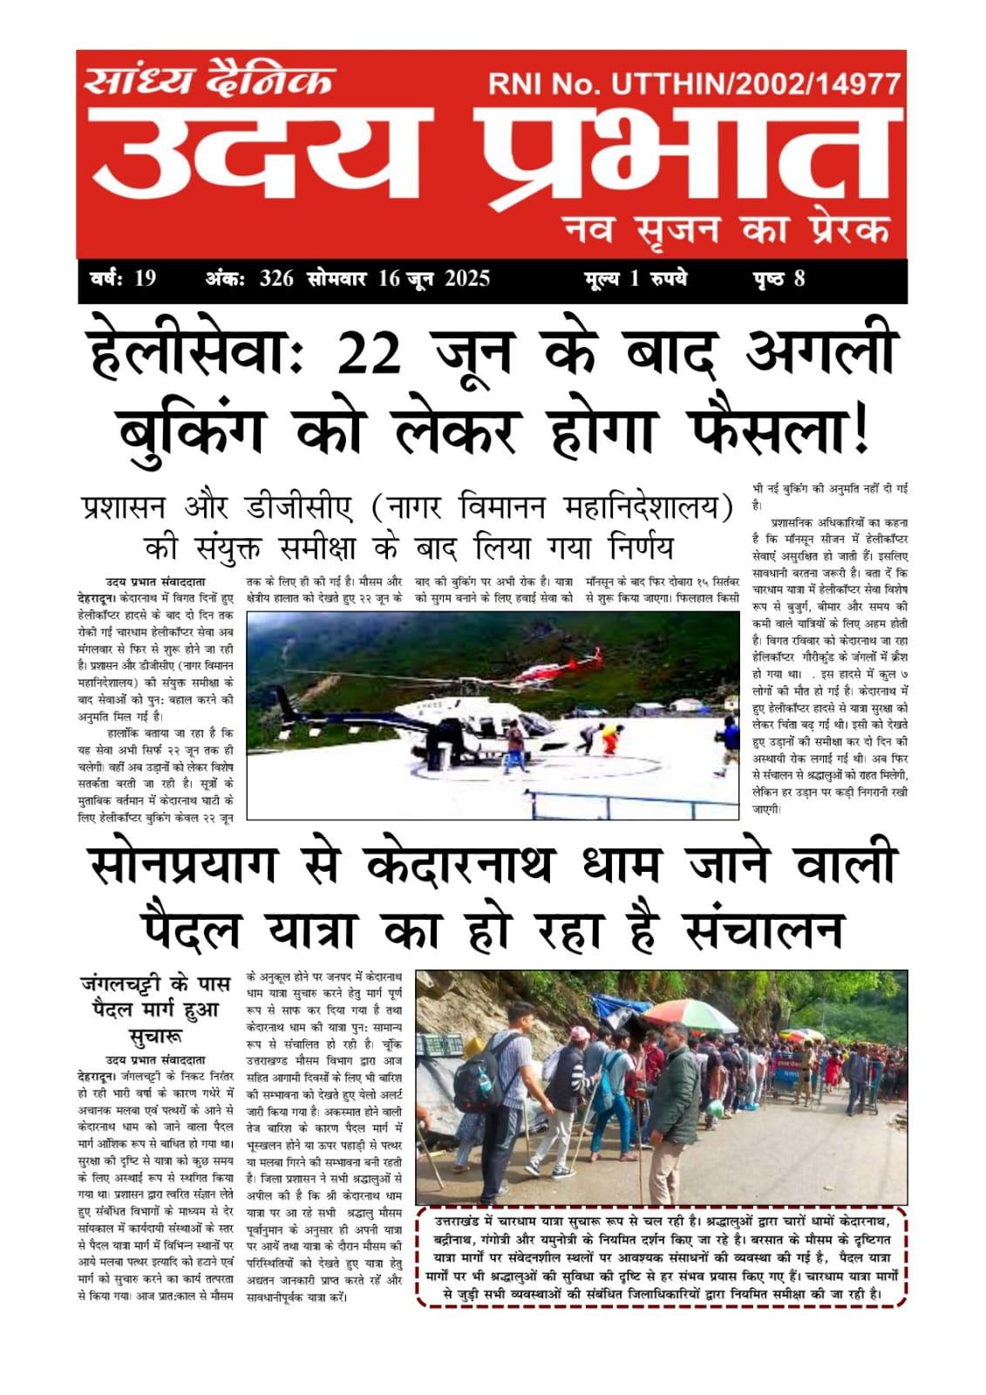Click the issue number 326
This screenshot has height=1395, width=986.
pos(276,279)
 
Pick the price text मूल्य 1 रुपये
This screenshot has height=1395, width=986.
pos(636,279)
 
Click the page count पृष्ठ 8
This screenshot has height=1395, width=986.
pos(779,279)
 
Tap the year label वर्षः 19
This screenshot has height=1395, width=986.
pos(123,279)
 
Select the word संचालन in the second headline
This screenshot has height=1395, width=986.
pos(765,930)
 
